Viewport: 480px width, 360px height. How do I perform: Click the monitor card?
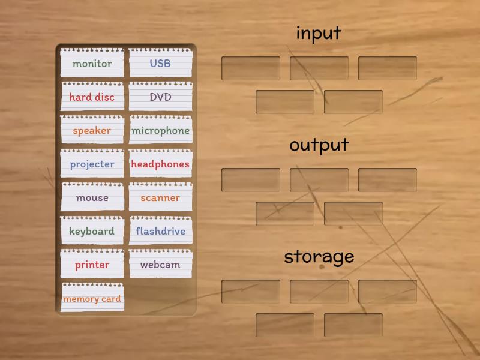coord(92,63)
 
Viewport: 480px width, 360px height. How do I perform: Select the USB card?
coord(160,63)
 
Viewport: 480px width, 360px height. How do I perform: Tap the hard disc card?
coord(92,97)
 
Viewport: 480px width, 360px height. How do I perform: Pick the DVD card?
coord(160,97)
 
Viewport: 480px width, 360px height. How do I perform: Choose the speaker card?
coord(92,130)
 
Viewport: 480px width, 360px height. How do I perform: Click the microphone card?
coord(160,130)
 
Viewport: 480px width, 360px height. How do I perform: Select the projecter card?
coord(92,164)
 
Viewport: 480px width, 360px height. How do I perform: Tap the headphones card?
coord(160,164)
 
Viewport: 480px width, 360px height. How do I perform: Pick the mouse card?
coord(92,197)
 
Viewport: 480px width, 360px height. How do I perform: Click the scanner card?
coord(160,197)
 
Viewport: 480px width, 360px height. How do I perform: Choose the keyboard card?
coord(92,231)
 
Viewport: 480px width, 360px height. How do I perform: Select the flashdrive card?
coord(160,231)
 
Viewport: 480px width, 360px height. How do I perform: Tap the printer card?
coord(92,265)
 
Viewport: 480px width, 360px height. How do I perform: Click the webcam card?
coord(160,265)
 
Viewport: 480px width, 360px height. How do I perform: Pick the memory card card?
coord(92,298)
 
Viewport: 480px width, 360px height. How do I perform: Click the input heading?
coord(319,33)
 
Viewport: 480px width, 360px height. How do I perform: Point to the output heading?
coord(319,145)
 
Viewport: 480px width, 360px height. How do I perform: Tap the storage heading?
coord(319,257)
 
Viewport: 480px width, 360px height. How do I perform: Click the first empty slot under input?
coord(251,68)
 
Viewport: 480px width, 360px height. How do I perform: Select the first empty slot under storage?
coord(251,292)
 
